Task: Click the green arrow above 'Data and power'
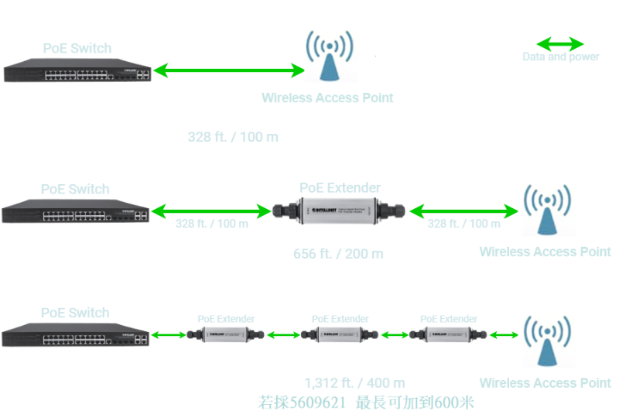tap(561, 44)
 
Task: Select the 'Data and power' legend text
tap(561, 57)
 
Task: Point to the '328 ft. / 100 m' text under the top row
tap(233, 138)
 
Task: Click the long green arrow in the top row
tap(230, 71)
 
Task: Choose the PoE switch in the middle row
tap(75, 212)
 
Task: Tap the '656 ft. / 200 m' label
tap(338, 254)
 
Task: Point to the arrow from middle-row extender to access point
tap(464, 211)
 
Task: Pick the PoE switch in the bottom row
tap(75, 336)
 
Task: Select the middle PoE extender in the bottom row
tap(340, 335)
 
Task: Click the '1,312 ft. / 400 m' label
tap(355, 383)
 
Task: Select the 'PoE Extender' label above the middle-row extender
tap(340, 188)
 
